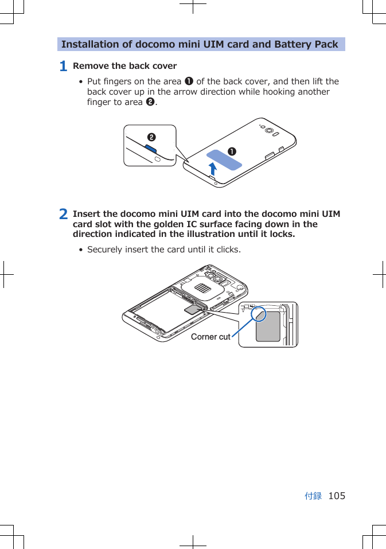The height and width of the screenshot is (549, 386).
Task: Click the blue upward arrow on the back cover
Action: (213, 168)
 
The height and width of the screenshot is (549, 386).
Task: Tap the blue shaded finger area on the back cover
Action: (224, 159)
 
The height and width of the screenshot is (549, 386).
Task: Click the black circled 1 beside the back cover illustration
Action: (232, 151)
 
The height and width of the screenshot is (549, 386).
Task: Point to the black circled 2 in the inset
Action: (151, 137)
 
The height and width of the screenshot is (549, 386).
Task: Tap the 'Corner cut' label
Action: (210, 337)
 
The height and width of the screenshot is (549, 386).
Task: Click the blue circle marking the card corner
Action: (258, 314)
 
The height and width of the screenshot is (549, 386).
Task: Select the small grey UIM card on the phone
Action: (193, 310)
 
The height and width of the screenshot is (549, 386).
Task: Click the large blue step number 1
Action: (64, 67)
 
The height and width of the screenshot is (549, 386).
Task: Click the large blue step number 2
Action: (64, 215)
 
